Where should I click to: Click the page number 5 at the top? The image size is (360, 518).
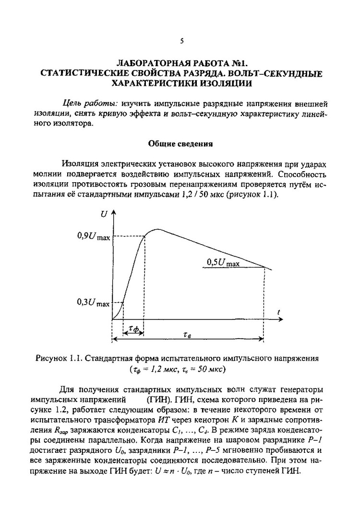coord(182,41)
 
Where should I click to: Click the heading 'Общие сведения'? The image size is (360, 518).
coord(180,143)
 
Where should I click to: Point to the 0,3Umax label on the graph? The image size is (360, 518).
coord(93,303)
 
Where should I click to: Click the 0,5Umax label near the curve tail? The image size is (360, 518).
coord(223,262)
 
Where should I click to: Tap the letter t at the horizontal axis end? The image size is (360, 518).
coord(278,313)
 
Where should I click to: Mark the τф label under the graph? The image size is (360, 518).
coord(134,329)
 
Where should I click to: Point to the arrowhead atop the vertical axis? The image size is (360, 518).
coord(112,212)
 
